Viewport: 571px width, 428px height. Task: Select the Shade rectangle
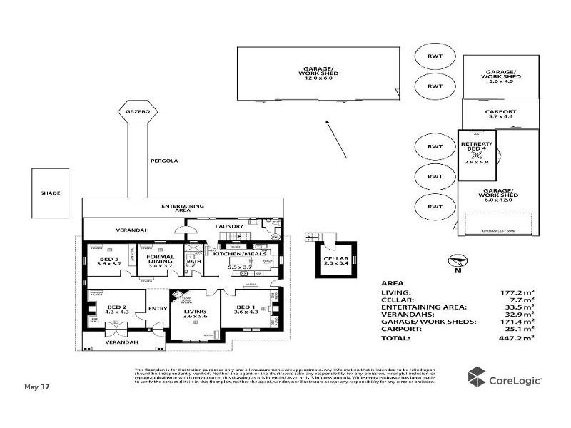(50, 193)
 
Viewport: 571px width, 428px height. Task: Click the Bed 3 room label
(109, 260)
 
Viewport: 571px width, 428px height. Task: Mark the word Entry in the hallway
(157, 308)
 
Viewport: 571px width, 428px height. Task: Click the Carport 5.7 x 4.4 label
(500, 114)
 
